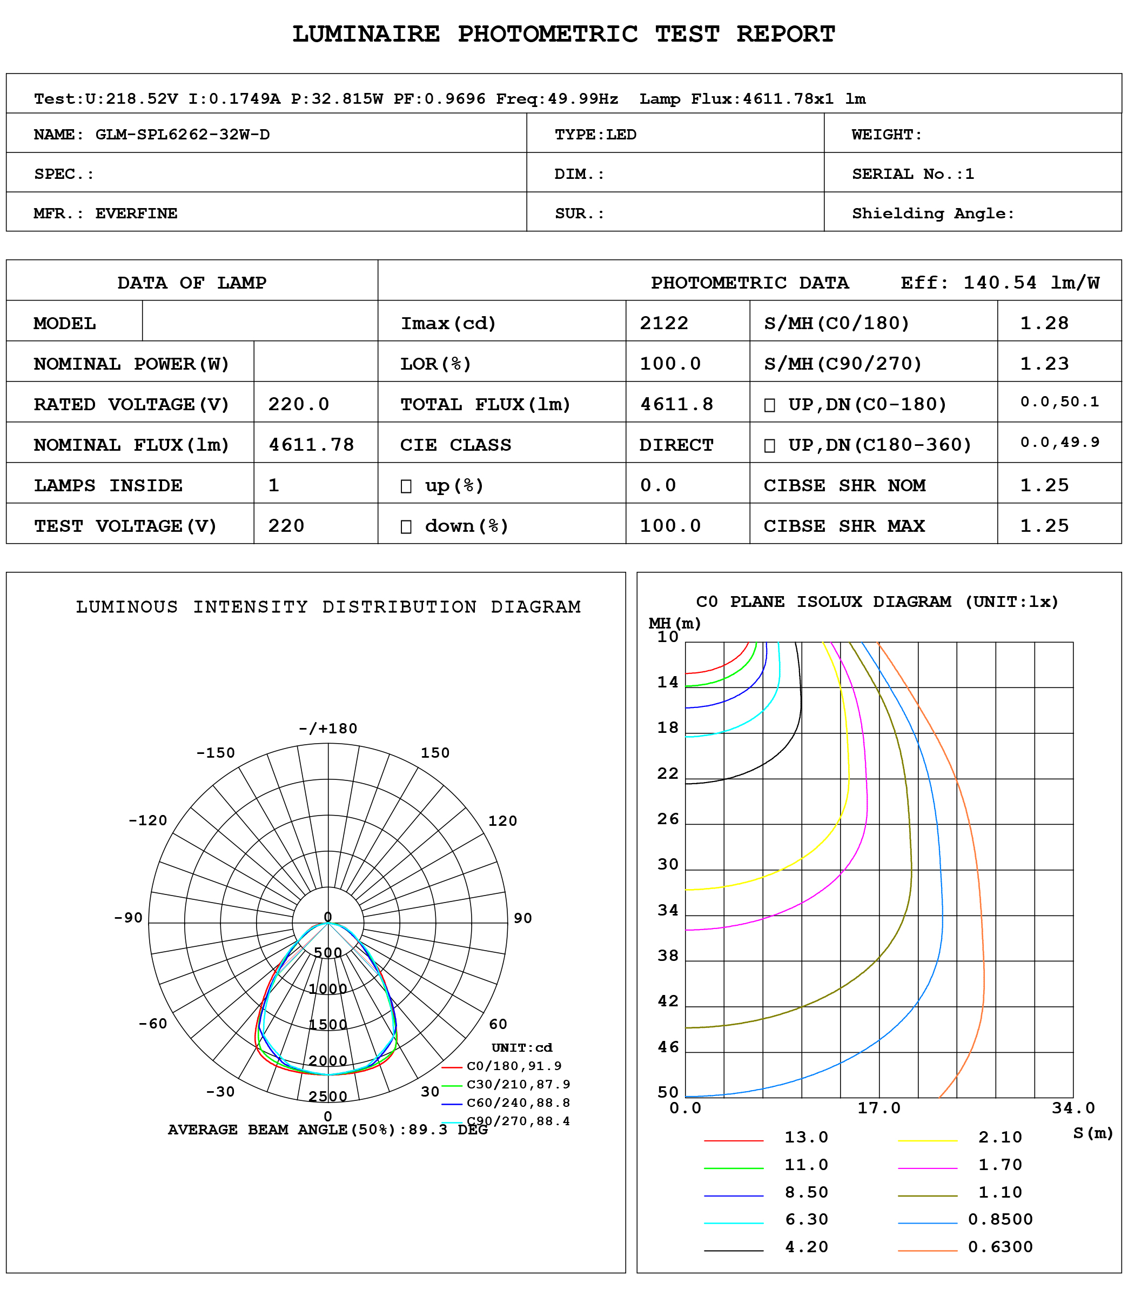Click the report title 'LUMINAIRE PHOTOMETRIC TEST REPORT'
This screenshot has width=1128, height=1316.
[563, 34]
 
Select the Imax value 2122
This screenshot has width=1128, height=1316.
[663, 323]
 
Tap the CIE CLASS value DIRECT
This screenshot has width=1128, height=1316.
[675, 445]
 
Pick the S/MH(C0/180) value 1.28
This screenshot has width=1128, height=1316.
[1044, 323]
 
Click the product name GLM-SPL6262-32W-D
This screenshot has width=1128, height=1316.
[182, 135]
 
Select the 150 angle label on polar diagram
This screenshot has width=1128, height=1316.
[435, 753]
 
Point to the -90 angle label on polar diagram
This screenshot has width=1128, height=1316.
[128, 918]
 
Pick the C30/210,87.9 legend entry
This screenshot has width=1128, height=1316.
[518, 1084]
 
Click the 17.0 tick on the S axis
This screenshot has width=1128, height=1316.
[878, 1108]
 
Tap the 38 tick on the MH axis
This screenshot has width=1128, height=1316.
[668, 956]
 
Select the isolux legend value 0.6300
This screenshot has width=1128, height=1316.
[1000, 1247]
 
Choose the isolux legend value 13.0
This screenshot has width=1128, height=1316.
[806, 1137]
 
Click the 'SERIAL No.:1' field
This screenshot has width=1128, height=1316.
[912, 174]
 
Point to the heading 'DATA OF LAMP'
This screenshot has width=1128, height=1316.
[192, 283]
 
